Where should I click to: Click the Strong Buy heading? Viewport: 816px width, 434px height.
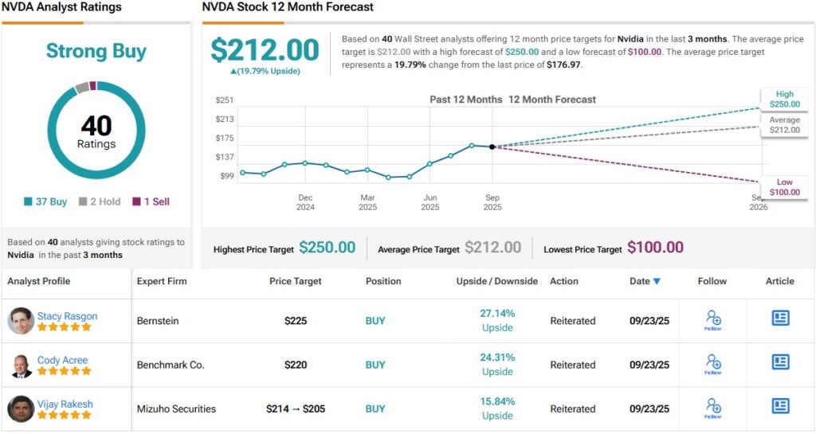point(96,52)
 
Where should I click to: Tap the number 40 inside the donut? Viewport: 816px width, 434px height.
point(96,126)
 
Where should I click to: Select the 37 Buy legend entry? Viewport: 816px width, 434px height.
point(46,201)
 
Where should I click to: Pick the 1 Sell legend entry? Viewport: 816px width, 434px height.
point(151,201)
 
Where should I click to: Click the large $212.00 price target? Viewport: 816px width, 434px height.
point(265,50)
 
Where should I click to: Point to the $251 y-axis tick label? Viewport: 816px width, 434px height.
point(224,100)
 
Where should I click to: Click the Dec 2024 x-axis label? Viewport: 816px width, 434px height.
point(305,202)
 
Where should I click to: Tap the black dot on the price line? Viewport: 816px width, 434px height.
point(492,147)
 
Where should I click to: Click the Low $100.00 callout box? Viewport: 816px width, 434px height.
point(783,187)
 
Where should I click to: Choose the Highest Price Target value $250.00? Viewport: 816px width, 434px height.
point(327,248)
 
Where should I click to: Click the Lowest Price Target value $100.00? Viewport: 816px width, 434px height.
point(655,248)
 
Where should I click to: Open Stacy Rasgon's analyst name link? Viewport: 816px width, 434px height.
point(67,316)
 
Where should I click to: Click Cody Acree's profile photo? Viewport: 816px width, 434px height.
point(21,365)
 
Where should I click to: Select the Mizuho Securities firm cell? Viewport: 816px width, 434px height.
point(176,409)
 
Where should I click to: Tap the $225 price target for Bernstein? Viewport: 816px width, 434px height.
point(296,321)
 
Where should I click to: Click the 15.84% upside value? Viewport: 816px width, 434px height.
point(497,401)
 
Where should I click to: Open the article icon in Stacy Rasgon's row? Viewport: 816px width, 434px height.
point(780,319)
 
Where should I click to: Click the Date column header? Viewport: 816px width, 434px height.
point(645,281)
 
